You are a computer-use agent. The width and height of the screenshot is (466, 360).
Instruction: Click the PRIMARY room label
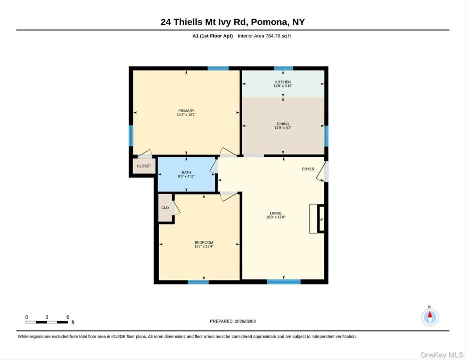click(186, 110)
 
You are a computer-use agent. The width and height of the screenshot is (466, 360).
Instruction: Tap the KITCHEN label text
click(283, 82)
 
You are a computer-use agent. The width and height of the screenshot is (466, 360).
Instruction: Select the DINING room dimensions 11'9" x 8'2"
click(283, 128)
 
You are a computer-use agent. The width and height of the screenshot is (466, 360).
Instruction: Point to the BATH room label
click(186, 172)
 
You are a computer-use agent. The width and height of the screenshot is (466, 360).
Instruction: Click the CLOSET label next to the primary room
click(144, 166)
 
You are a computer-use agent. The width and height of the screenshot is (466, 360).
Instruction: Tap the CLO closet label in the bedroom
click(165, 207)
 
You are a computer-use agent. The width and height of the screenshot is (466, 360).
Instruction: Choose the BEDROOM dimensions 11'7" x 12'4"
click(204, 246)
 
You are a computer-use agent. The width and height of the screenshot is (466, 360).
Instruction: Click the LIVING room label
click(275, 213)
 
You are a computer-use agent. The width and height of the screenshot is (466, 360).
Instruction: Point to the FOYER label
click(308, 169)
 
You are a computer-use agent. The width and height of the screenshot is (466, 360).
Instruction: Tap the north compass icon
click(430, 317)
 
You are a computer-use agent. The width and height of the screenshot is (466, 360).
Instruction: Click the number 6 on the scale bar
click(68, 317)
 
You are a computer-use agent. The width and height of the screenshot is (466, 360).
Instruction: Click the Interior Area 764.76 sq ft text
click(264, 36)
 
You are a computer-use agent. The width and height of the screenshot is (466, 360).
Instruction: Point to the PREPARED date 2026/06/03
click(233, 321)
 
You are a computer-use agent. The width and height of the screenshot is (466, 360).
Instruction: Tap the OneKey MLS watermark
click(441, 355)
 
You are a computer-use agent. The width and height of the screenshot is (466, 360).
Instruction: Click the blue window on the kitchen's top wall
click(283, 68)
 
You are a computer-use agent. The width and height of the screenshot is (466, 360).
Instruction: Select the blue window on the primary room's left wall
click(131, 135)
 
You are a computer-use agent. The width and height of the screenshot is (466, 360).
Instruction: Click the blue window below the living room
click(283, 281)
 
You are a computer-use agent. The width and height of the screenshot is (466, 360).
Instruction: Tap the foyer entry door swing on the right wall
click(322, 171)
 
